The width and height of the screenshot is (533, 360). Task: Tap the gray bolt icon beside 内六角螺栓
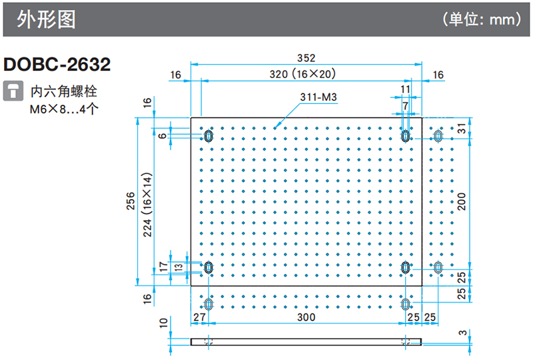12,91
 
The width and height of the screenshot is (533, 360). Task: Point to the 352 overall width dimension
306,58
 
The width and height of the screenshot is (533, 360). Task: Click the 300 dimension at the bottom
306,318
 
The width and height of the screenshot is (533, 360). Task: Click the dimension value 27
199,318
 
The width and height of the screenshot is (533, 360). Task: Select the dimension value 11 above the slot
405,89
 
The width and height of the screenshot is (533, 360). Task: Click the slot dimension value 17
163,267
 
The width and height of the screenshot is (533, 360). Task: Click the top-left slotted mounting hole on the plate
209,137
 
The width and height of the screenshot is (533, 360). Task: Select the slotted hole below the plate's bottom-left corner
209,304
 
